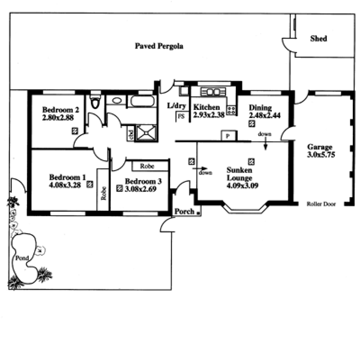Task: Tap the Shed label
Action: [x=319, y=39]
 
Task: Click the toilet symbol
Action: [x=94, y=103]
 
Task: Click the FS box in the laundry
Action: [x=181, y=116]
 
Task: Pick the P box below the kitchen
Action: [x=228, y=136]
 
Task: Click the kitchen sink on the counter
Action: [x=213, y=92]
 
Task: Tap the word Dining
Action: [x=261, y=108]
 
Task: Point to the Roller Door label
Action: [x=321, y=204]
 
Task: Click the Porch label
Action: [x=184, y=212]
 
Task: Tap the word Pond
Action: [x=22, y=258]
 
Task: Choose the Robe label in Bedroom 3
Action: [x=147, y=166]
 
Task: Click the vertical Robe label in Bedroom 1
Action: [x=103, y=193]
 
